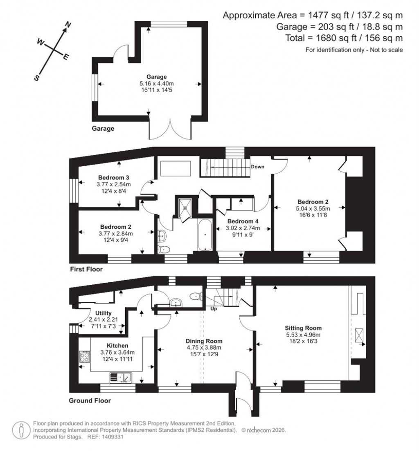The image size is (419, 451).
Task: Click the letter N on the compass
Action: click(x=68, y=25)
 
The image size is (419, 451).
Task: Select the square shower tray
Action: click(x=187, y=207)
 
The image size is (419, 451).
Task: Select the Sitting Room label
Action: click(x=303, y=328)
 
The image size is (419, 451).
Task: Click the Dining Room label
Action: click(x=204, y=341)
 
